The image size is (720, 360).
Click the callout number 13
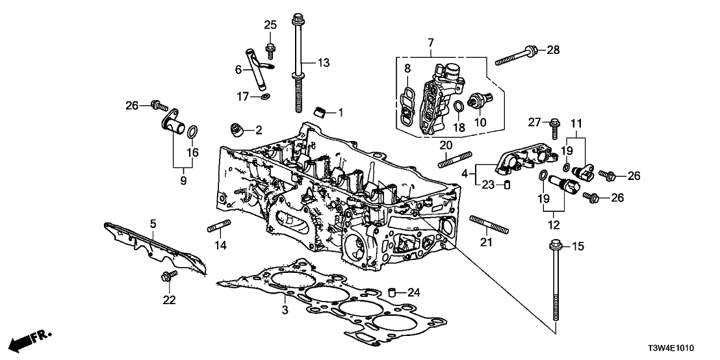324,62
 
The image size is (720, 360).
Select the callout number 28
553,50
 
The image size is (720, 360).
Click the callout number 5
153,224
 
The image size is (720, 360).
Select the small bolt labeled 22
164,277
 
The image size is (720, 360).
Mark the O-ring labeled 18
458,107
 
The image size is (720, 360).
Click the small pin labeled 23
508,185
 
